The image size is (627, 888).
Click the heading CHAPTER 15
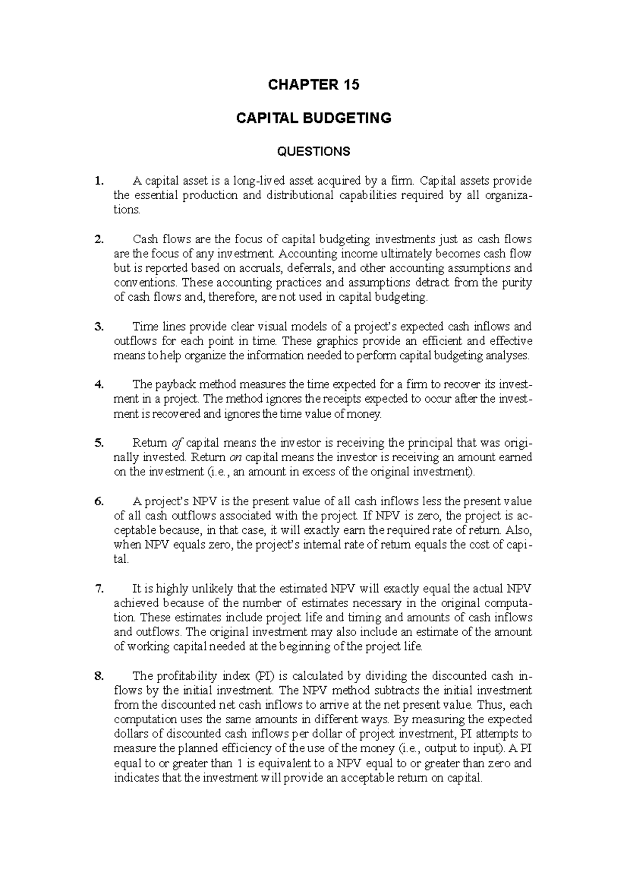click(313, 85)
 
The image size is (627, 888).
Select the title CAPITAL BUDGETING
click(313, 118)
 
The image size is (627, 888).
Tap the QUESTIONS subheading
click(313, 152)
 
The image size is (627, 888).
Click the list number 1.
click(99, 181)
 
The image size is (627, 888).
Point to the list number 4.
click(99, 385)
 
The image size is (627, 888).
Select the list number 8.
click(99, 676)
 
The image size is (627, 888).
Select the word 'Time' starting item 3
click(144, 327)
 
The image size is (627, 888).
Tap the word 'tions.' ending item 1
click(127, 210)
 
